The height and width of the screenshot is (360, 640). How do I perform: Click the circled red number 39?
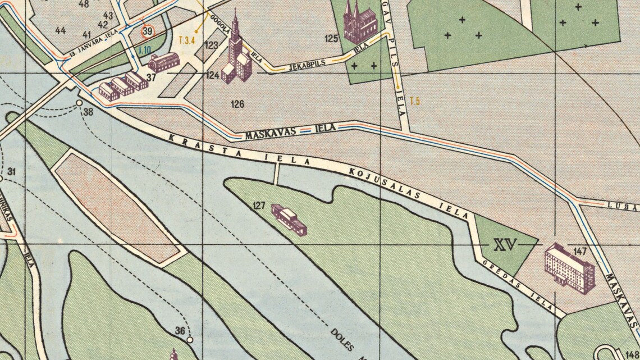[147, 32]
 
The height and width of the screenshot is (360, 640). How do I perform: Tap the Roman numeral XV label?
[506, 245]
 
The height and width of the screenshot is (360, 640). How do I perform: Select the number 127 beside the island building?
[259, 205]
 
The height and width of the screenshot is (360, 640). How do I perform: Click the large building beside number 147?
[569, 268]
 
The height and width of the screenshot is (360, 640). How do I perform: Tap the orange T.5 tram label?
[415, 102]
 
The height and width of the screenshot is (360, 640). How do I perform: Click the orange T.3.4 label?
[186, 40]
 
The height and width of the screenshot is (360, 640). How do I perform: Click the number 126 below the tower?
[237, 104]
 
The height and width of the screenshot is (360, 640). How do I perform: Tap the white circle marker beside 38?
[79, 103]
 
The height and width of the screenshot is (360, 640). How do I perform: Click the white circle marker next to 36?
[190, 340]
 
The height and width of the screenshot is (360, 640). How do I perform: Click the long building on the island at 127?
[289, 219]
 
